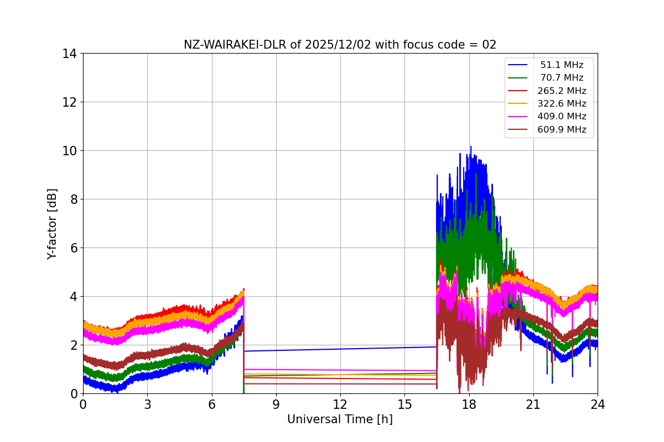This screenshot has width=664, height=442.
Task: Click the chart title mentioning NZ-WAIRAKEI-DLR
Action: (x=340, y=45)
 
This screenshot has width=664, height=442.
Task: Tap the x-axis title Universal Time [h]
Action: (x=340, y=419)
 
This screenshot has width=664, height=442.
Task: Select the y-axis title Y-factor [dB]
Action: (x=52, y=223)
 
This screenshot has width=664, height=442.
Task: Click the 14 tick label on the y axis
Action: (x=69, y=54)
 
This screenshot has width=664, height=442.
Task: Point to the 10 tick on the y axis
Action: (x=69, y=151)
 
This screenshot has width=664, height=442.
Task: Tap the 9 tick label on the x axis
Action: (x=276, y=404)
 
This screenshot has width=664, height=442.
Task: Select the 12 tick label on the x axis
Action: (x=340, y=404)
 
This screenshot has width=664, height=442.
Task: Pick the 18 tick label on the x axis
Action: (x=469, y=404)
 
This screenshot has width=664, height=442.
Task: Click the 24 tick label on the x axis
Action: (x=598, y=404)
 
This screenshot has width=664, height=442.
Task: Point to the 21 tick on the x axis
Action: (x=533, y=404)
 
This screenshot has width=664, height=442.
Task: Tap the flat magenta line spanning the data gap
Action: (x=340, y=370)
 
